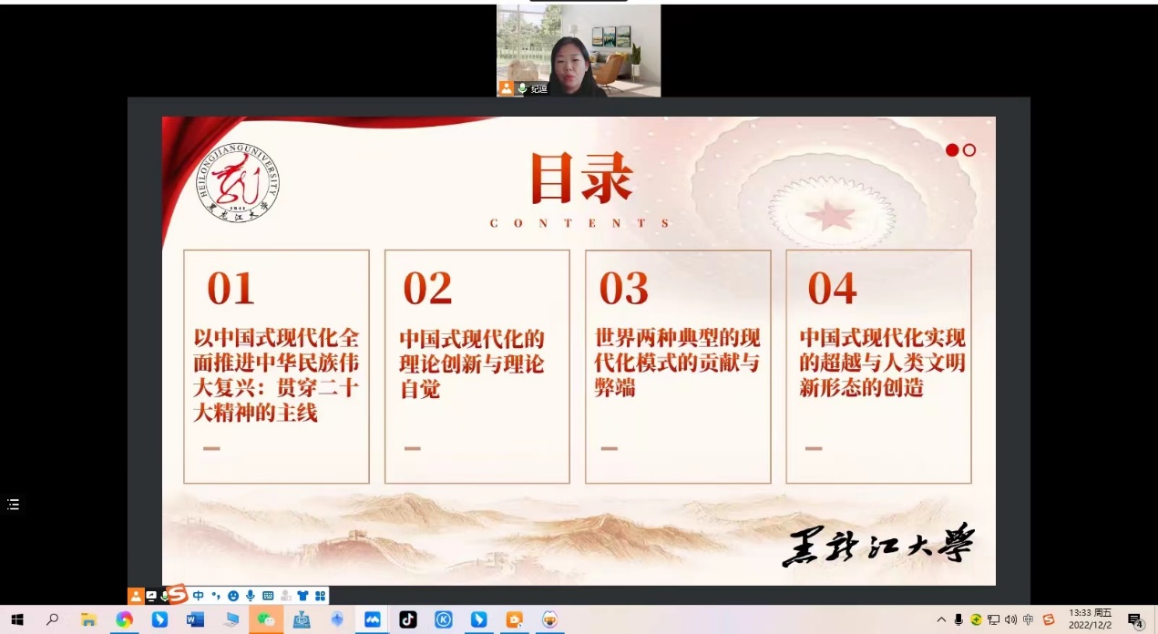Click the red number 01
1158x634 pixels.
[x=231, y=288]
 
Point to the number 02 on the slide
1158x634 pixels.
[x=427, y=288]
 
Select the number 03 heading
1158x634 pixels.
[x=623, y=288]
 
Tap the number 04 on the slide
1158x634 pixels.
[x=833, y=288]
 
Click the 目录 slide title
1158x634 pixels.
[x=582, y=178]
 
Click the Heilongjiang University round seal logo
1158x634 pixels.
[x=237, y=183]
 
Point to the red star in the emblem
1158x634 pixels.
[x=830, y=216]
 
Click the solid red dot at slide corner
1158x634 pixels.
[x=952, y=149]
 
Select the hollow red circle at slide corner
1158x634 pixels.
[x=969, y=149]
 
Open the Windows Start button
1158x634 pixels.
[x=17, y=619]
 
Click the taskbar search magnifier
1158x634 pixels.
[x=52, y=619]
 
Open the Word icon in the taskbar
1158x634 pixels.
[x=195, y=619]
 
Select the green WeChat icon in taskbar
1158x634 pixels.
[x=266, y=619]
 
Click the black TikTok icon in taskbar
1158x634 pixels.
[x=407, y=619]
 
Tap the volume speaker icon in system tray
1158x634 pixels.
[x=1010, y=619]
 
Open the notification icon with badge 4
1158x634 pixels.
[x=1136, y=620]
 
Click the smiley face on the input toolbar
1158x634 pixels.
[x=233, y=596]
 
